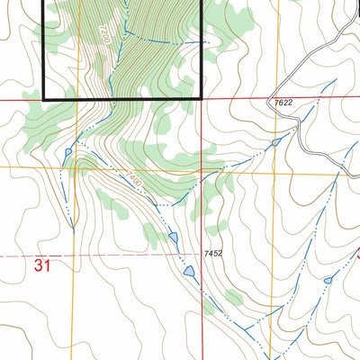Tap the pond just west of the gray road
(x=275, y=142)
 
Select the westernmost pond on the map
(x=67, y=153)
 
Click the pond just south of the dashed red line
(x=189, y=271)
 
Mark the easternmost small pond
(x=328, y=281)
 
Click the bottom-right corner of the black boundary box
(x=202, y=96)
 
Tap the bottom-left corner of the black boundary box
(x=44, y=96)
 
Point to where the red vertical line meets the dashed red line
(x=202, y=256)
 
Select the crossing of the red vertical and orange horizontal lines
(x=202, y=167)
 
